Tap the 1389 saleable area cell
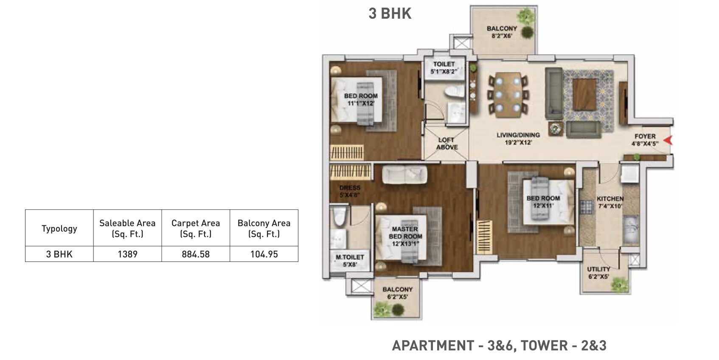tap(127, 254)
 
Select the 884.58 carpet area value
tap(196, 254)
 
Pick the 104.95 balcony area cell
tap(264, 254)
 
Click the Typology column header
tap(59, 228)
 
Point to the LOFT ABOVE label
tap(447, 143)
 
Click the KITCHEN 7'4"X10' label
tap(610, 202)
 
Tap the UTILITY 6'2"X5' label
tap(598, 273)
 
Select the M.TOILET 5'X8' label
tap(350, 261)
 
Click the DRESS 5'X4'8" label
tap(350, 191)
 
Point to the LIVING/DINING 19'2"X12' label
tap(518, 138)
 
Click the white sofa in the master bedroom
tap(404, 175)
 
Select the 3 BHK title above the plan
tap(390, 14)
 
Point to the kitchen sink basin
tap(631, 230)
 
